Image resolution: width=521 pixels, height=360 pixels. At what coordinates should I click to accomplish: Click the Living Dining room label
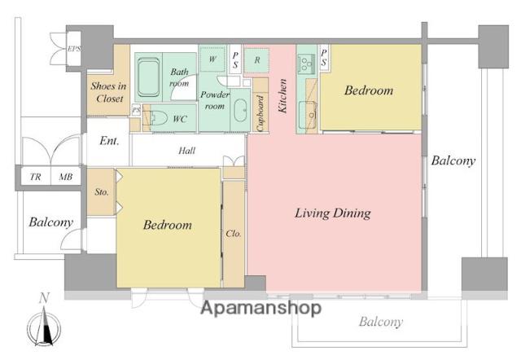[333, 213]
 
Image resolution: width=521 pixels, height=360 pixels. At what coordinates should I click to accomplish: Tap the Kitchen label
[282, 96]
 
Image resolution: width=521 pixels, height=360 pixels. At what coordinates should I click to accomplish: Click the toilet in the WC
[159, 117]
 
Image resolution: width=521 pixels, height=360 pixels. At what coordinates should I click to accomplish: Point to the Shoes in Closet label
[108, 92]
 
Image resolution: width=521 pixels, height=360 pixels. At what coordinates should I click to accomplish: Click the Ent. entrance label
[109, 141]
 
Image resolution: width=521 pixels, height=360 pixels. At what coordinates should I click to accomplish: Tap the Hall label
[186, 151]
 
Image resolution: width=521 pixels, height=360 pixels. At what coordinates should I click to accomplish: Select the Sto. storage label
[101, 191]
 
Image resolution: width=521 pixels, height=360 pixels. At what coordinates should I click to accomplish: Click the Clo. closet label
[234, 234]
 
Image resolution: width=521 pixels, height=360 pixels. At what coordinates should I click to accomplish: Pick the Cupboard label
[260, 113]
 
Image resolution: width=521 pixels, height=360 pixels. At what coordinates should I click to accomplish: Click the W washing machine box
[212, 59]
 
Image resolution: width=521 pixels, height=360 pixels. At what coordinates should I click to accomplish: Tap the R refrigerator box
[256, 60]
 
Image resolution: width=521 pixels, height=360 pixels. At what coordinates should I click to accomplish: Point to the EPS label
[74, 49]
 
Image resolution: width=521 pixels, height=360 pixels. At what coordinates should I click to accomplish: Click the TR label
[36, 177]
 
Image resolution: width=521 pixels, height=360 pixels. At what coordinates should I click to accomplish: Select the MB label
[65, 177]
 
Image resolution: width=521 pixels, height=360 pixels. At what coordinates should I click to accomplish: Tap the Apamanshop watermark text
[261, 308]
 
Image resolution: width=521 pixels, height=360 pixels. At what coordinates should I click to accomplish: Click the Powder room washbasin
[240, 110]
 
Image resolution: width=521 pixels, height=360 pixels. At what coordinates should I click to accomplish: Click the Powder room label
[215, 100]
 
